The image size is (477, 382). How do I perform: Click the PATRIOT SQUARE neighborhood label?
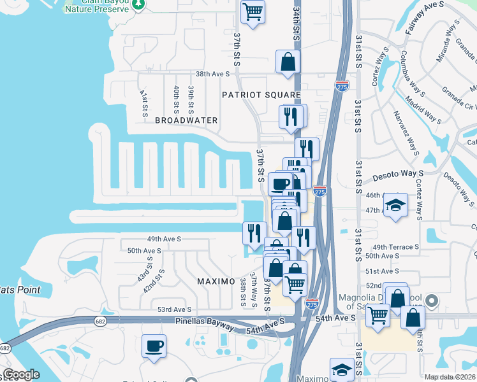[x=261, y=95]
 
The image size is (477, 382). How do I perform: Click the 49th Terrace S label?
[x=395, y=247]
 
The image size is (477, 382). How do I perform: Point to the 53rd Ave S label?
[x=175, y=309]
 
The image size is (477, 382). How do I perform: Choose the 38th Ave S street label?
[x=212, y=74]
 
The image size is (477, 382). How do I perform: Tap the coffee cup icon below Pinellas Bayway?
[x=154, y=346]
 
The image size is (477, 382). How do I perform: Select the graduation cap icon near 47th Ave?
[x=395, y=205]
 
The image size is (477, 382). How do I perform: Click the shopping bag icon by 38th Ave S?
[x=288, y=62]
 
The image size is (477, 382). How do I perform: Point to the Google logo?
[x=21, y=375]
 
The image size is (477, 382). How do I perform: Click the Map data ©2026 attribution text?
[x=450, y=377]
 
